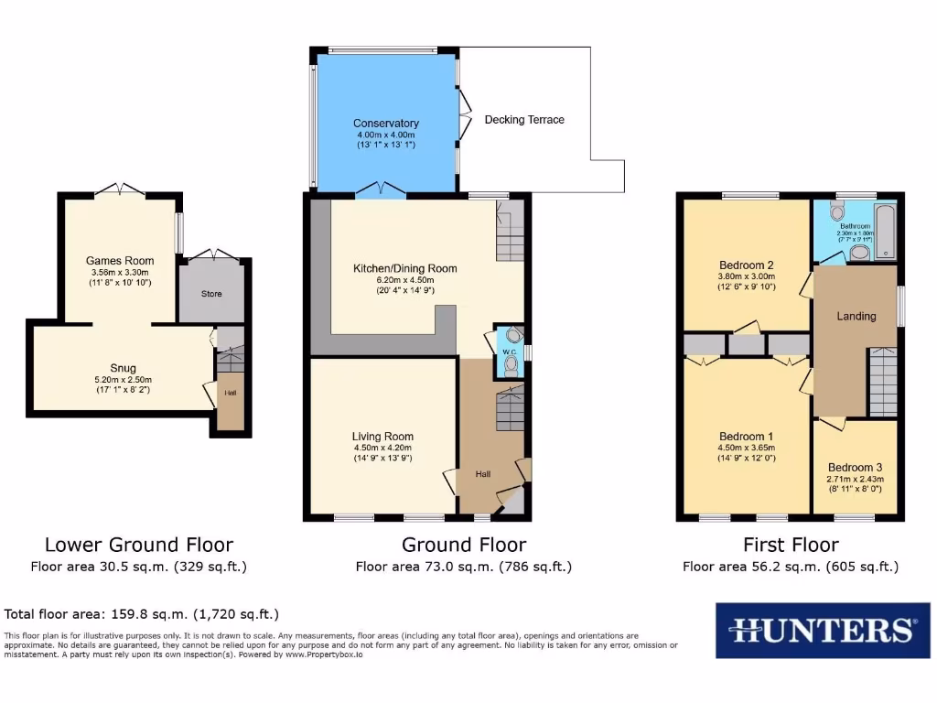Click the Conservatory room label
[386, 124]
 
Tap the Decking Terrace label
[524, 120]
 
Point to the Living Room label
[383, 437]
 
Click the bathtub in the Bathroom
[886, 231]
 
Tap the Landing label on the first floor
[856, 316]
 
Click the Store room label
[211, 294]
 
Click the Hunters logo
[822, 630]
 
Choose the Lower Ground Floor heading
[139, 546]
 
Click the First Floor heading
[791, 546]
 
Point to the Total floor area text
[142, 614]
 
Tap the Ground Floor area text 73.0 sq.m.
[463, 567]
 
